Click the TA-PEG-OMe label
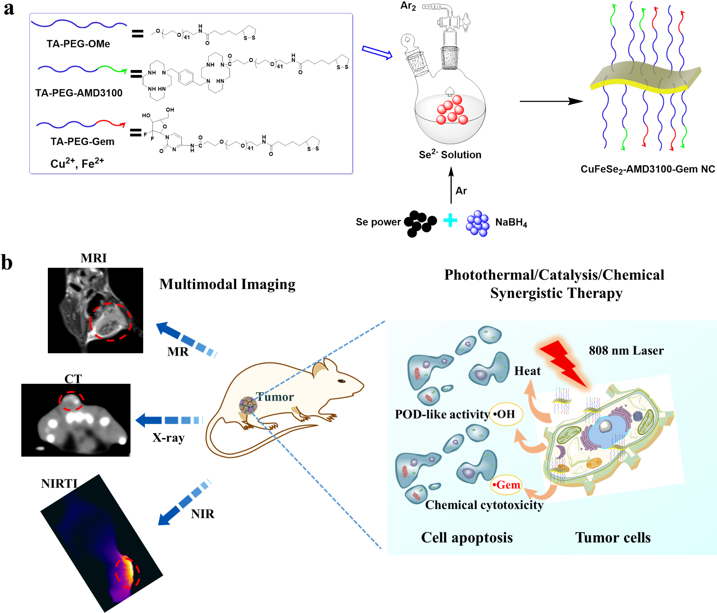pyautogui.click(x=78, y=44)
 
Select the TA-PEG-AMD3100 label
pyautogui.click(x=79, y=93)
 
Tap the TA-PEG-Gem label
pyautogui.click(x=82, y=142)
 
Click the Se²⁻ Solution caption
pyautogui.click(x=450, y=155)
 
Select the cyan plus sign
pyautogui.click(x=450, y=220)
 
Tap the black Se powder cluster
pyautogui.click(x=420, y=223)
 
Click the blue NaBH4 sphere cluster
pyautogui.click(x=478, y=223)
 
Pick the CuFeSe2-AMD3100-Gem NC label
pyautogui.click(x=647, y=169)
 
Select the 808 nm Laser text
pyautogui.click(x=626, y=351)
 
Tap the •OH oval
pyautogui.click(x=506, y=414)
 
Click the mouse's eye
pyautogui.click(x=341, y=381)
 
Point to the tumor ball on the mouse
pyautogui.click(x=248, y=405)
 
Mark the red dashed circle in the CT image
pyautogui.click(x=71, y=401)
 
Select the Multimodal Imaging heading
pyautogui.click(x=227, y=284)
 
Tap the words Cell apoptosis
pyautogui.click(x=467, y=537)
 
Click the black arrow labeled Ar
pyautogui.click(x=451, y=186)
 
